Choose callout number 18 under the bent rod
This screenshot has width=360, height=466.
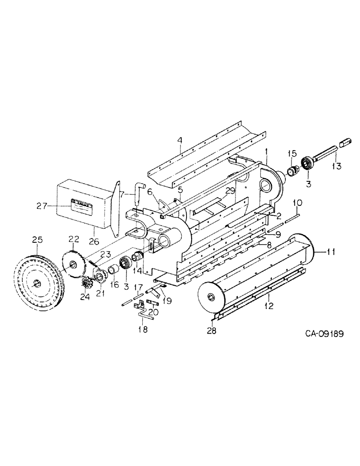(143, 329)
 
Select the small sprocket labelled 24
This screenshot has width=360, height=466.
(87, 282)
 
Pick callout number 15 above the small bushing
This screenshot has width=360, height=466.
(292, 153)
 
